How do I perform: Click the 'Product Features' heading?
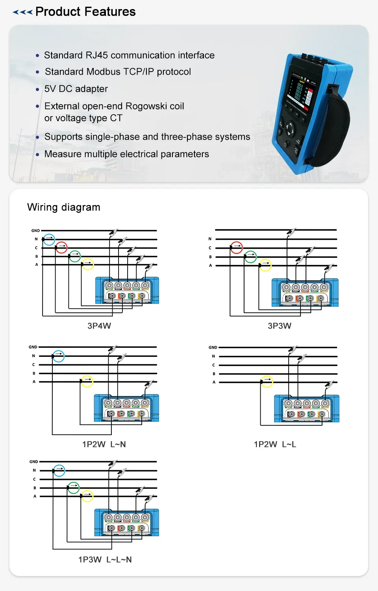85,12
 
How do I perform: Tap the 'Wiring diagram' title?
64,207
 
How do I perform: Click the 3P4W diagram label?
99,326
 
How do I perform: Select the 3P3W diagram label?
280,326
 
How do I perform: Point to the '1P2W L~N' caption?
104,444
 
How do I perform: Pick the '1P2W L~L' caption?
275,444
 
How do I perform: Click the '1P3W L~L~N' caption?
105,560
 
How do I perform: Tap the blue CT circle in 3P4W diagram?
49,239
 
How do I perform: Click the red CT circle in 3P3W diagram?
236,247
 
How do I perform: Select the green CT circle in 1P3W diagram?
74,488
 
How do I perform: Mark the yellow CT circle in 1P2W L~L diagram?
267,381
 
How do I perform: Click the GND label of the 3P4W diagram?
35,231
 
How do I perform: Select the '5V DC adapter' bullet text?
76,89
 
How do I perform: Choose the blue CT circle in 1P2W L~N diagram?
59,356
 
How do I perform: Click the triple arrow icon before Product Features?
22,12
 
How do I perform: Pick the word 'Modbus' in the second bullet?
104,72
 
